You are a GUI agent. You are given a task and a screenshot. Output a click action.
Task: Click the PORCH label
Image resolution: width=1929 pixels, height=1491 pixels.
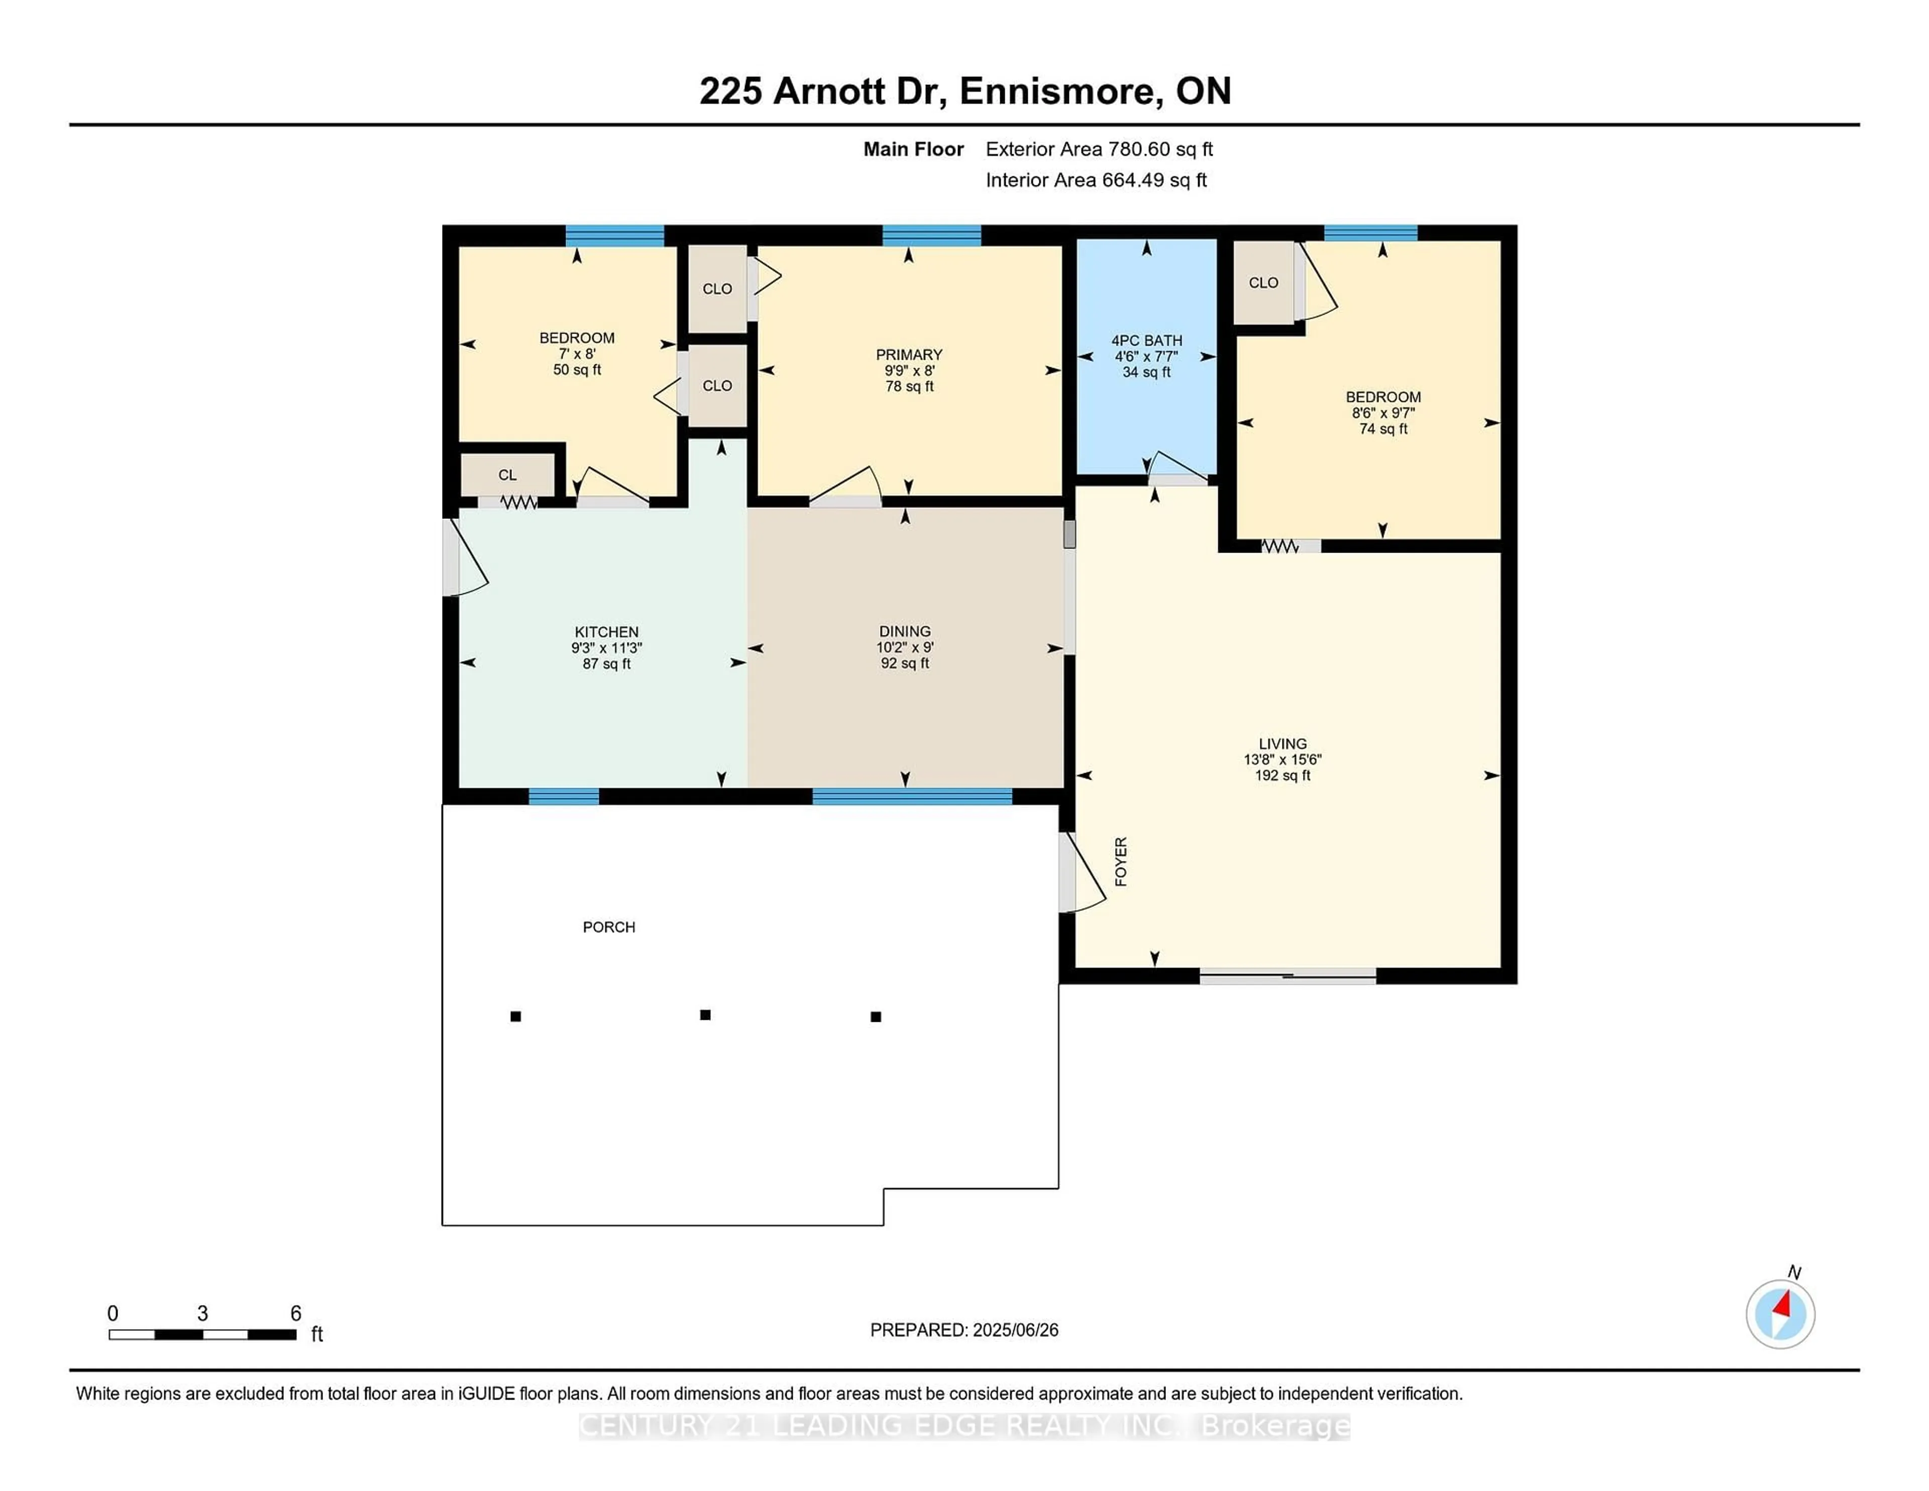608,926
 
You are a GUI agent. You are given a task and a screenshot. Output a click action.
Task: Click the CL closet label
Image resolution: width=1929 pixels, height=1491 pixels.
507,475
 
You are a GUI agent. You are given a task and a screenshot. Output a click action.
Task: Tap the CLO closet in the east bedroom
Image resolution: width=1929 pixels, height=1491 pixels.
1263,283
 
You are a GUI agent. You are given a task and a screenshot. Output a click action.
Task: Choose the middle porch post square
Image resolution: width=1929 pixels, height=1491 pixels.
705,1015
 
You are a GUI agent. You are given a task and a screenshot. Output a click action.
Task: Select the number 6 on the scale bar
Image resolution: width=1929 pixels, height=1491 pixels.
296,1314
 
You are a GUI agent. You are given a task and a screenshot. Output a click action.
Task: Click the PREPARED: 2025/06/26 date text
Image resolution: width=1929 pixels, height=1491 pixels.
963,1330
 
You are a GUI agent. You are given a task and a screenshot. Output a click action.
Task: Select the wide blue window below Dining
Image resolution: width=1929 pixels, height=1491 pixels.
912,797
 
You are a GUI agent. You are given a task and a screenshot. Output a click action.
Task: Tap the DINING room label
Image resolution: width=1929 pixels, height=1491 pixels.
904,631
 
